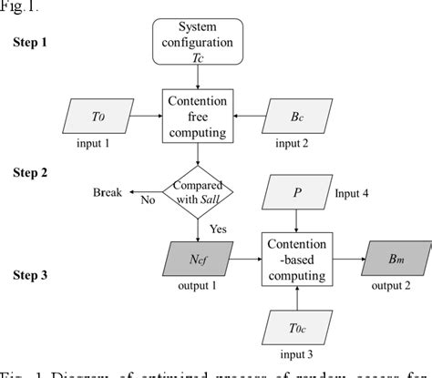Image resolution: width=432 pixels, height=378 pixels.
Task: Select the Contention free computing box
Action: [x=198, y=115]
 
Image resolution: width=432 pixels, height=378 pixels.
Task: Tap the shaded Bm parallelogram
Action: [x=391, y=258]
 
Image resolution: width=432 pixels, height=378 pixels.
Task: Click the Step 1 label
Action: [x=31, y=42]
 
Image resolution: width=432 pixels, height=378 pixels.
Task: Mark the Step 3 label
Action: [x=31, y=273]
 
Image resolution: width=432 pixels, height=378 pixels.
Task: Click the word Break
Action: [x=108, y=192]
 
